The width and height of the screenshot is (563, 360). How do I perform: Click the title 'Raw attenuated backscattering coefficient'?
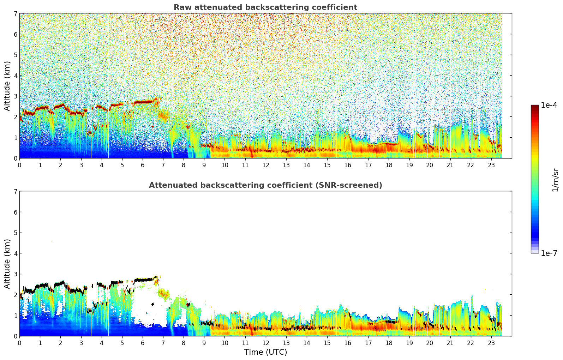[x=265, y=7]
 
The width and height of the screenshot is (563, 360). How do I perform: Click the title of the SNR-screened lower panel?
[x=265, y=185]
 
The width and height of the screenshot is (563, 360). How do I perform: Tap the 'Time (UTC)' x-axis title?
[x=265, y=352]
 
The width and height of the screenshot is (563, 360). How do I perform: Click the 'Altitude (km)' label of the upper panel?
[x=7, y=86]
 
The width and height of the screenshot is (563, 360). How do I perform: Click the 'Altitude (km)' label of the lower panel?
[x=7, y=264]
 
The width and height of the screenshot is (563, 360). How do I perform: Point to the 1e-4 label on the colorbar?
[x=549, y=105]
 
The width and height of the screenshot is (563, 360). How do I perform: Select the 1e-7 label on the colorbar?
[x=549, y=253]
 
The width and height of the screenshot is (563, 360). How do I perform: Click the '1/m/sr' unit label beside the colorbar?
[x=555, y=180]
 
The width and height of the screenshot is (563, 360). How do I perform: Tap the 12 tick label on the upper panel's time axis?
[x=265, y=165]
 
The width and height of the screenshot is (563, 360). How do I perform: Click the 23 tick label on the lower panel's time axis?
[x=491, y=343]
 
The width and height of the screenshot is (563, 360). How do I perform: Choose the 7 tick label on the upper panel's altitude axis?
[x=16, y=13]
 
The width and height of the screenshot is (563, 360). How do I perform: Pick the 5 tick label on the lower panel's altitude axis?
[x=16, y=233]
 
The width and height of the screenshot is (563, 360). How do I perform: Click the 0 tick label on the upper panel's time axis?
[x=19, y=165]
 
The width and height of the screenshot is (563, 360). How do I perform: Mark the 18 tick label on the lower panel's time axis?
[x=389, y=343]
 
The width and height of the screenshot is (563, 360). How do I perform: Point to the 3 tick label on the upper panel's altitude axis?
[x=16, y=96]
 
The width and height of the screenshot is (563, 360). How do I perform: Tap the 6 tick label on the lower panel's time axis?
[x=143, y=343]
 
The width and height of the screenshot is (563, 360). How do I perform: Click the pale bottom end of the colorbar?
[x=535, y=252]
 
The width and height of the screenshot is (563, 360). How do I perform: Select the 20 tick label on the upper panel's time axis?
[x=430, y=165]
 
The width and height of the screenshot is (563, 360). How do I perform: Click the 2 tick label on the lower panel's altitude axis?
[x=16, y=295]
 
